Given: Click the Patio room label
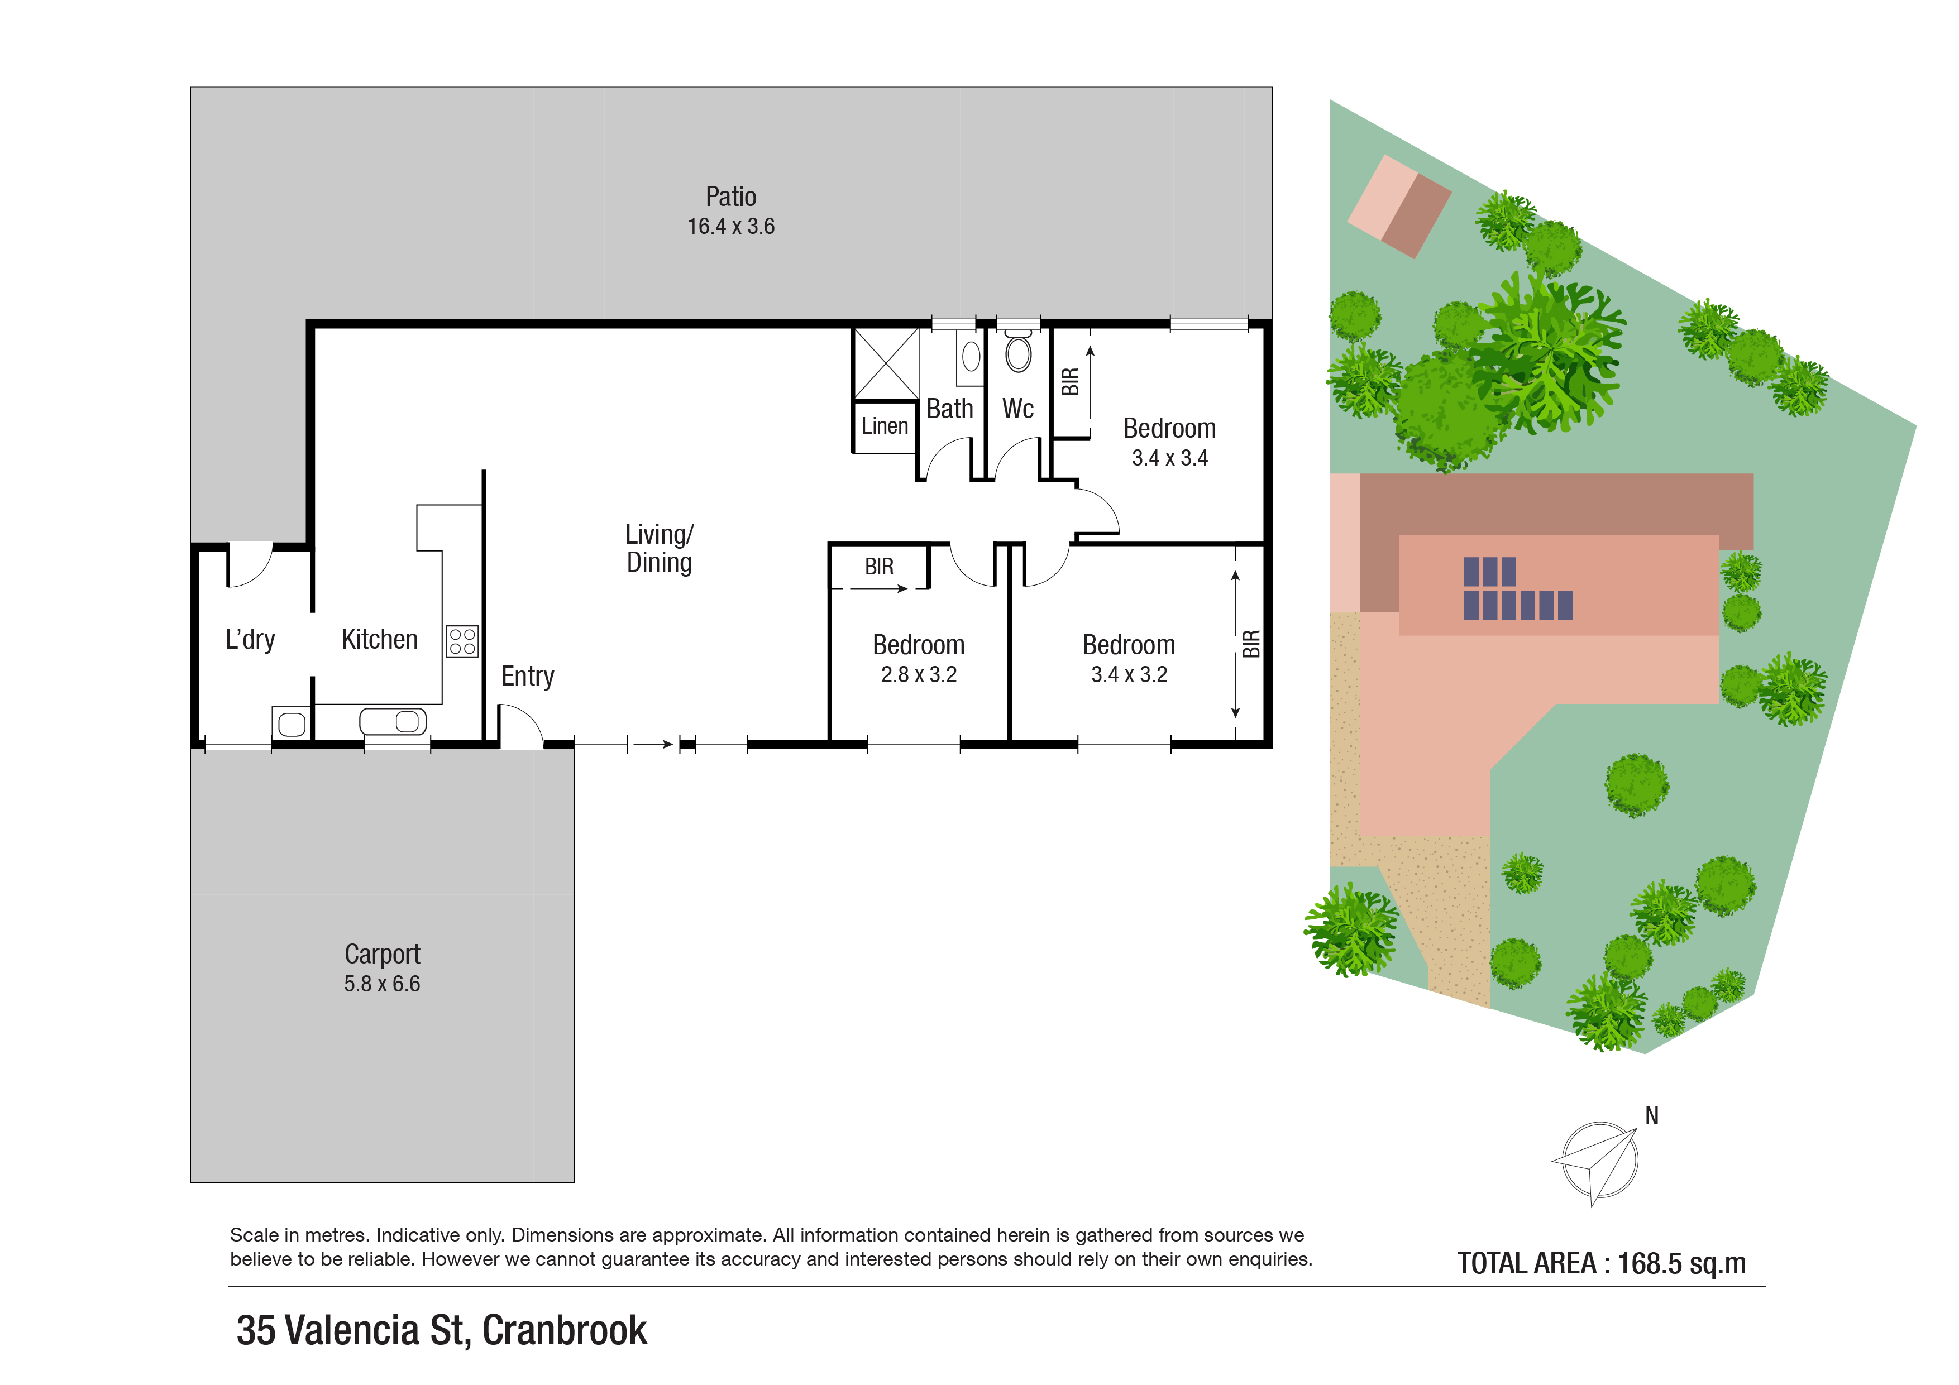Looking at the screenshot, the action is [x=730, y=197].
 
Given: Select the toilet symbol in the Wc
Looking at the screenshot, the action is [x=1018, y=351].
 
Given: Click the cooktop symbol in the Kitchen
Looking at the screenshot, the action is [x=462, y=641].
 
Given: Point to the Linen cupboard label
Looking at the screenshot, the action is [x=885, y=425].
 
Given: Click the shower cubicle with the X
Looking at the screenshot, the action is [x=886, y=363].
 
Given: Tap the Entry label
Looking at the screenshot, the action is [x=527, y=676].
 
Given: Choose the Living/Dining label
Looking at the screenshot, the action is [x=660, y=548].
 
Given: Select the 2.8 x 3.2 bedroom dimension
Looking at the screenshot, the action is [x=919, y=674].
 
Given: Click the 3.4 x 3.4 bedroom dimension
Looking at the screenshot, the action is [x=1170, y=458].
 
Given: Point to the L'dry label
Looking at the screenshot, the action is [x=250, y=640].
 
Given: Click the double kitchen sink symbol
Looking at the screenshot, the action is [x=393, y=721].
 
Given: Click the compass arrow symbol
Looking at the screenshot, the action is [x=1595, y=1162].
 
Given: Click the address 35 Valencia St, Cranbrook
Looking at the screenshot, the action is [x=442, y=1330].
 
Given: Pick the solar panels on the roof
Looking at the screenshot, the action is [x=1518, y=588].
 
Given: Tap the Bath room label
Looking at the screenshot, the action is [x=950, y=409].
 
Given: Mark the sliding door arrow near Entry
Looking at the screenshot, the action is [x=653, y=745].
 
